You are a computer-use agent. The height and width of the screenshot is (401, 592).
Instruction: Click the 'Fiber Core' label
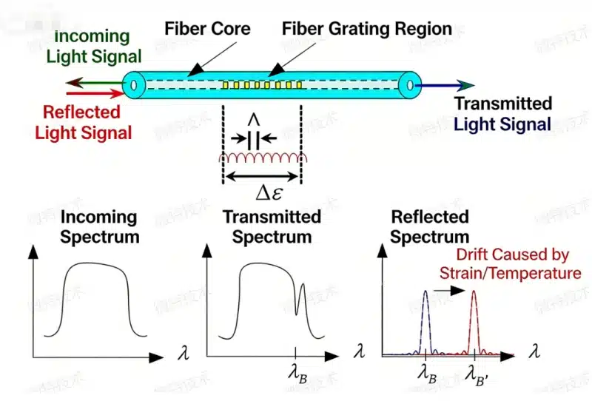[x=208, y=30]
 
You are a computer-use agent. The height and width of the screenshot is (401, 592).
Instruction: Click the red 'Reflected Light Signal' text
[x=82, y=123]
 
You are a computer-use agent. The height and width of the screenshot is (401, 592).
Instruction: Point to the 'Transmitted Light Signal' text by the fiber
[x=502, y=114]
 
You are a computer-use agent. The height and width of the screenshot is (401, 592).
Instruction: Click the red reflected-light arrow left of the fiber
[x=93, y=94]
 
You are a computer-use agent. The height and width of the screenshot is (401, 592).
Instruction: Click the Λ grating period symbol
[x=254, y=121]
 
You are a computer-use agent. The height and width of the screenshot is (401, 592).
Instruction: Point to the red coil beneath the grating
[x=261, y=159]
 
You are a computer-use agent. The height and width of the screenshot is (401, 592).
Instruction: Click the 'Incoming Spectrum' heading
[x=98, y=227]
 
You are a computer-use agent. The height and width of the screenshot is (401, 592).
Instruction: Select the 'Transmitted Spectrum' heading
[x=272, y=227]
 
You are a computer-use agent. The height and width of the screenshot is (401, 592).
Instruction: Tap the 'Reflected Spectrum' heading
[x=429, y=227]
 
